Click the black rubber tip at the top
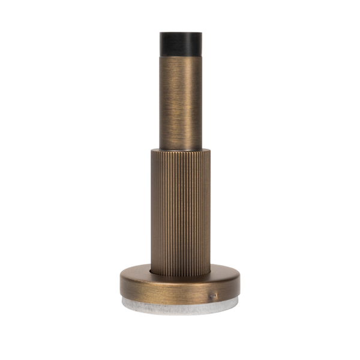[181, 43]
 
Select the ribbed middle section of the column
[181, 210]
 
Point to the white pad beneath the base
[180, 305]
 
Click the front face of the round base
[180, 291]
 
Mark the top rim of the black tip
[181, 32]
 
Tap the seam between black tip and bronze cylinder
[181, 55]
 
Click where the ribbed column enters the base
[181, 274]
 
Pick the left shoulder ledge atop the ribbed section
[154, 149]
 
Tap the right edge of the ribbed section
[210, 210]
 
